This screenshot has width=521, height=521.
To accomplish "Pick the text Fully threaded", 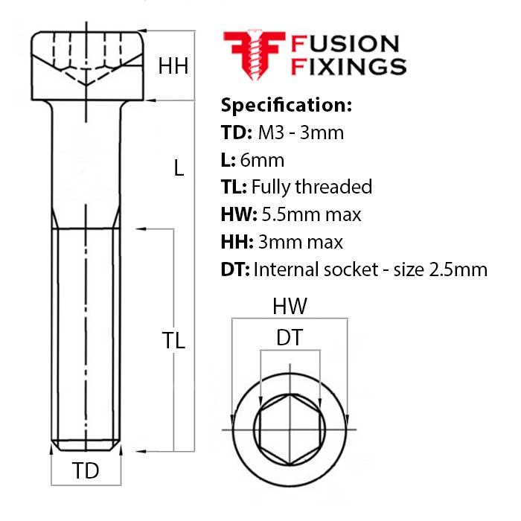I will click(312, 187).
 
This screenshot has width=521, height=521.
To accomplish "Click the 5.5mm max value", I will click(311, 214).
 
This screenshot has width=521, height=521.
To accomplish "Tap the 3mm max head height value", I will click(301, 242).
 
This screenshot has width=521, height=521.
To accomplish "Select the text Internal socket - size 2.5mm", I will click(370, 269).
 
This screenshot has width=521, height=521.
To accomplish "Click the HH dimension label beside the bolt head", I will click(173, 66).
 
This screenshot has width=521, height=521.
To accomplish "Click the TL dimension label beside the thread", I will click(173, 340).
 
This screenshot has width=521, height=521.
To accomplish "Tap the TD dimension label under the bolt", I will click(86, 470).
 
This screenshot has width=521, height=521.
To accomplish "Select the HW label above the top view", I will click(290, 306).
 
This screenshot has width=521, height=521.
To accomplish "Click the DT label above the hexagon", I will click(290, 338).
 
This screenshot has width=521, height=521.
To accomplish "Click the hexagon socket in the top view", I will click(290, 431).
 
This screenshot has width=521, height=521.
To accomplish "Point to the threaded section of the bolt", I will click(86, 335).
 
